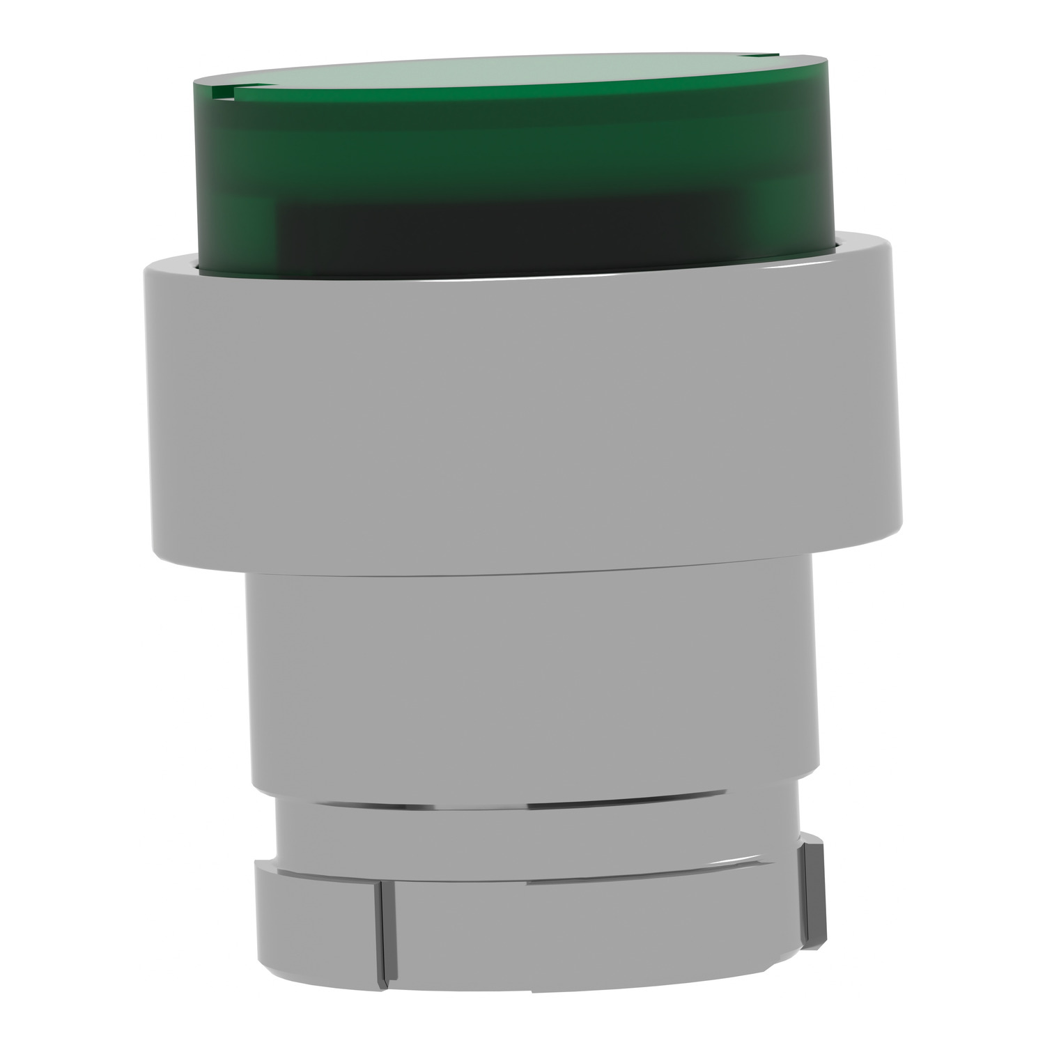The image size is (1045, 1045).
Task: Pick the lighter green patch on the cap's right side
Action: [787, 188]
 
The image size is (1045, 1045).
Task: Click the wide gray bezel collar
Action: [522, 418]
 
